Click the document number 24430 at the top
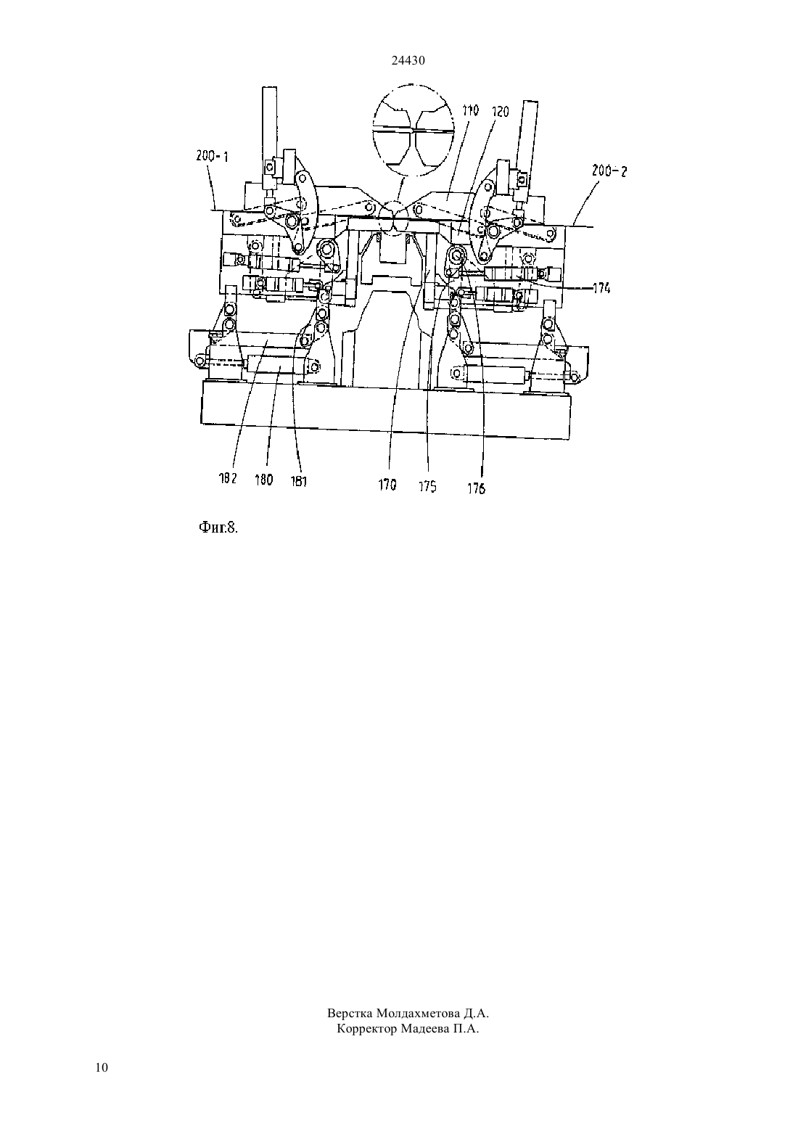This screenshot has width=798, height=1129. (x=408, y=60)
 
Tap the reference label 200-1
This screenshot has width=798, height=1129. (x=212, y=157)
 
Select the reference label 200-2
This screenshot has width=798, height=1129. (x=609, y=171)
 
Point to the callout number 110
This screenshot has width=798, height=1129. (x=471, y=110)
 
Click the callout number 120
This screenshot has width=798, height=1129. (x=501, y=112)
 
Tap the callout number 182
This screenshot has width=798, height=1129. (x=228, y=478)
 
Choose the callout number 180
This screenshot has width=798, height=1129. (x=263, y=480)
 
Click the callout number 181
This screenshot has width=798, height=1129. (x=298, y=481)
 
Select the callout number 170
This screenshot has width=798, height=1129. (x=387, y=485)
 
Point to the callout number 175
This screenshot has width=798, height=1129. (x=427, y=486)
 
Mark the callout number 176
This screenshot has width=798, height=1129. (x=476, y=488)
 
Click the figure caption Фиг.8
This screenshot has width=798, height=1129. (x=218, y=527)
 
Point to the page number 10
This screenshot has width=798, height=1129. (x=102, y=1067)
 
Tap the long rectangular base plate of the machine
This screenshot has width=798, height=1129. (x=386, y=409)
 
